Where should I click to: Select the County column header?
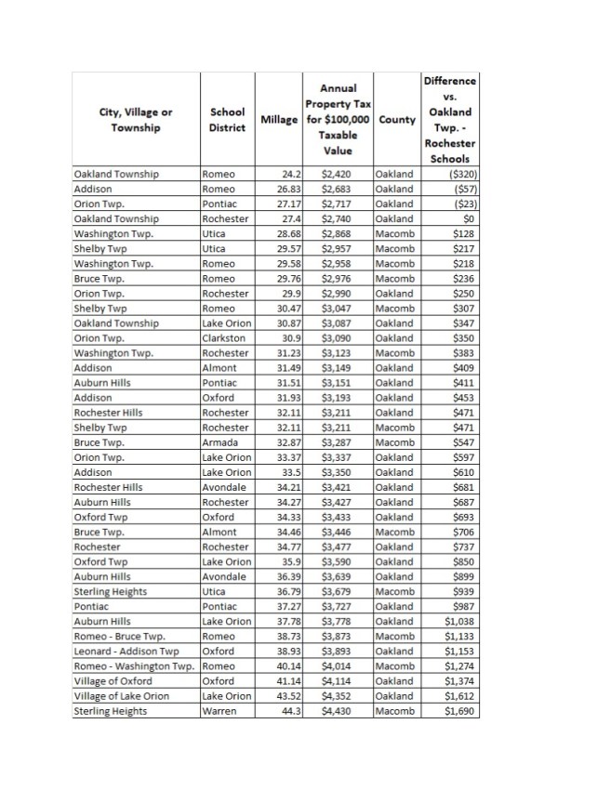(x=396, y=121)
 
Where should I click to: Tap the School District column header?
(x=227, y=120)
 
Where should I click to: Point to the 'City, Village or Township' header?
(x=136, y=120)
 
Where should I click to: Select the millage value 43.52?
(x=285, y=695)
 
